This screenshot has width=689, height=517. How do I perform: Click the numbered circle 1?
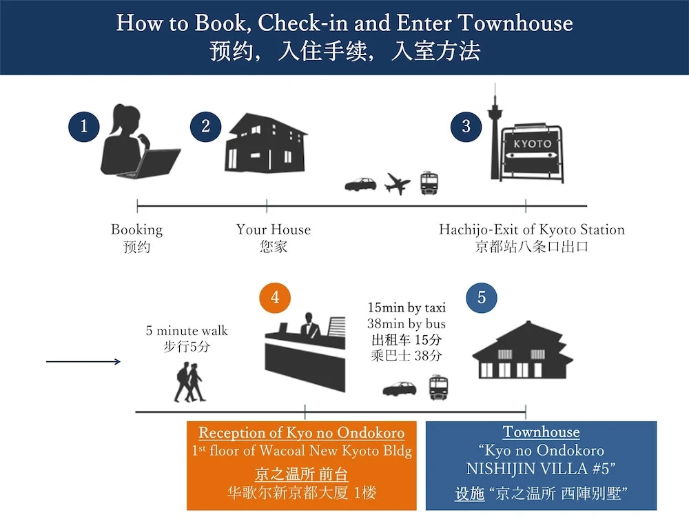(x=84, y=127)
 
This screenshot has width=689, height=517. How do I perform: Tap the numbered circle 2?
(x=205, y=127)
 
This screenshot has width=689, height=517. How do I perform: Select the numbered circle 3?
(x=466, y=127)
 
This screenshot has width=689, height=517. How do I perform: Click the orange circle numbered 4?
(x=275, y=298)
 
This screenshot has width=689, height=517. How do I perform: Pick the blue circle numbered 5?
(x=482, y=298)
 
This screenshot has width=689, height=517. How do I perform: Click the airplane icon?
(x=398, y=183)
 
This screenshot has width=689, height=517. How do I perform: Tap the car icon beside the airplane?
(x=361, y=184)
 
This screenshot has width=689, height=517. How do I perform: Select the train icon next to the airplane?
(x=429, y=183)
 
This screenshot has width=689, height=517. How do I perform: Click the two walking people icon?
(x=190, y=382)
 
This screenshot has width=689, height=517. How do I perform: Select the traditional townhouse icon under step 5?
(x=522, y=350)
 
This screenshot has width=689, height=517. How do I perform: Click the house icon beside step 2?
(x=266, y=143)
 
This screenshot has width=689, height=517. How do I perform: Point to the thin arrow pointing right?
(x=83, y=361)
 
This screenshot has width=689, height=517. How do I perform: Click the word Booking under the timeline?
(x=136, y=230)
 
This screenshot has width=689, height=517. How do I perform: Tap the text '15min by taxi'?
(x=407, y=307)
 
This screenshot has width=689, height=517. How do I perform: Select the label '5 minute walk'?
(x=187, y=331)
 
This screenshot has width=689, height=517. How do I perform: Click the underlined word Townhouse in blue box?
(x=542, y=432)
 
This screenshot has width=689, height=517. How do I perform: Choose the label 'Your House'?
(x=274, y=230)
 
